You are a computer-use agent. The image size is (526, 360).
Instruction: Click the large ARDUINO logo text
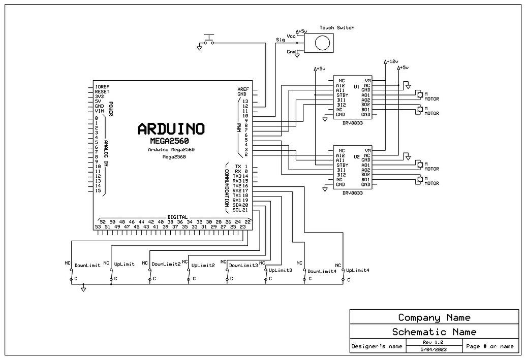[x=171, y=129]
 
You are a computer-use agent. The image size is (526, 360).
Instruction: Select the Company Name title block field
[x=434, y=317]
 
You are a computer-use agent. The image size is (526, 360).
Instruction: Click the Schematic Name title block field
[x=434, y=332]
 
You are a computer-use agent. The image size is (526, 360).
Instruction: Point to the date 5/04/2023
[x=434, y=350]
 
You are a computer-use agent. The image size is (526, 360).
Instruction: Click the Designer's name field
[x=377, y=346]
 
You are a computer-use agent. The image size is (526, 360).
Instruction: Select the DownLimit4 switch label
[x=322, y=271]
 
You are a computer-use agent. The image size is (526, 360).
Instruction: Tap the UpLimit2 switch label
[x=203, y=265]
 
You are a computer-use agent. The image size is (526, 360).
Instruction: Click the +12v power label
[x=392, y=61]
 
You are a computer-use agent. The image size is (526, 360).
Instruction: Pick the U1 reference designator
[x=356, y=87]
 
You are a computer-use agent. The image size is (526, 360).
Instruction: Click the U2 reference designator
[x=356, y=157]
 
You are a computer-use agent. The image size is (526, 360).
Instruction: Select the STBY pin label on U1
[x=342, y=95]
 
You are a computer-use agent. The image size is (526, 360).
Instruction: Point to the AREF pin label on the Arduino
[x=243, y=89]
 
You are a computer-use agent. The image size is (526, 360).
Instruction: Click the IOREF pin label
[x=102, y=87]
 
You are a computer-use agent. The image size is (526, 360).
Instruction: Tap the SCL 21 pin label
[x=240, y=210]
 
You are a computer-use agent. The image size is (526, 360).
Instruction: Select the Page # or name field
[x=490, y=346]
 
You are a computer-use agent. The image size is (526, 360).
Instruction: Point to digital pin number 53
[x=97, y=226]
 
